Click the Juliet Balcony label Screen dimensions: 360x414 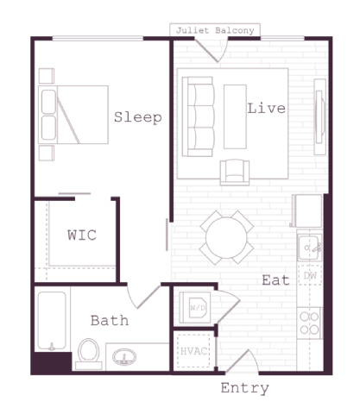[x=215, y=30]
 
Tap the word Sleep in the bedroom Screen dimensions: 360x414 [x=138, y=117]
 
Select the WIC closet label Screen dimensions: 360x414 [x=82, y=235]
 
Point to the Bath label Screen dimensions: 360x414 [x=110, y=321]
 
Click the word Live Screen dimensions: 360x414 [x=267, y=108]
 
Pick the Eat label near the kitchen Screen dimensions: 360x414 [x=275, y=280]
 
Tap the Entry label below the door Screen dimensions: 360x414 [x=245, y=388]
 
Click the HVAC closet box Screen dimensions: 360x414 [x=193, y=351]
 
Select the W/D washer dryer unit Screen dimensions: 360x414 [x=195, y=308]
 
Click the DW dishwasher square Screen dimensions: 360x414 [x=310, y=275]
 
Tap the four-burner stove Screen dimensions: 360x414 [x=310, y=323]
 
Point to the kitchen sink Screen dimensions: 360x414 [x=310, y=248]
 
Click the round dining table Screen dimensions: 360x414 [x=226, y=237]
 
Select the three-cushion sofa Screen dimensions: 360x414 [x=199, y=116]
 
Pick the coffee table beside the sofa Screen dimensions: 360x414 [x=235, y=116]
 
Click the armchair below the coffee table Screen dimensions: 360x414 [x=235, y=172]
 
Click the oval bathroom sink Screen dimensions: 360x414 [x=124, y=357]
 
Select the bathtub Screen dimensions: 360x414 [x=52, y=321]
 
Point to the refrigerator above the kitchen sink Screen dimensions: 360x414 [x=306, y=211]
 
